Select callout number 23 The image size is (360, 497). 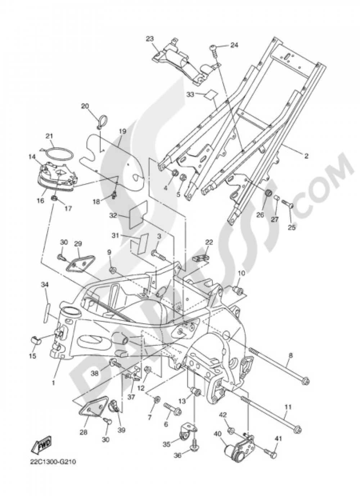[150, 39]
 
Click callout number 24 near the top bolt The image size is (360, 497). [234, 45]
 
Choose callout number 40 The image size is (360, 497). [217, 434]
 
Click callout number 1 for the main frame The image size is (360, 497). [53, 383]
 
